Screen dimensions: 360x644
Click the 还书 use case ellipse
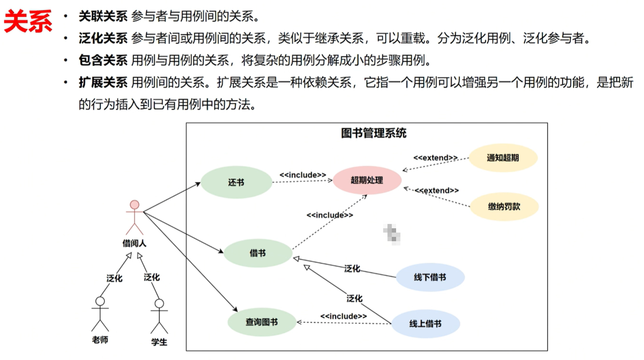(x=236, y=182)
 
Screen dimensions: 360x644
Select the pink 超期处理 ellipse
(x=367, y=180)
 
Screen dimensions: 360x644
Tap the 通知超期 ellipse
(x=503, y=158)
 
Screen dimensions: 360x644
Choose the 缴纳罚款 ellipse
(x=504, y=206)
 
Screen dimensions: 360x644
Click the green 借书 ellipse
(x=258, y=253)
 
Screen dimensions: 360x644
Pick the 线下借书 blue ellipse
(x=430, y=277)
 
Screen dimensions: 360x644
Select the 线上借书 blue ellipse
(x=426, y=324)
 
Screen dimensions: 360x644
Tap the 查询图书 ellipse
(x=262, y=322)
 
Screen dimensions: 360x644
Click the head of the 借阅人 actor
(x=135, y=205)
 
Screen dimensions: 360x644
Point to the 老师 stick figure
(x=100, y=314)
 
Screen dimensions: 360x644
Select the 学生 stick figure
(x=159, y=316)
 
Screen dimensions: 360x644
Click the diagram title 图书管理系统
(x=373, y=133)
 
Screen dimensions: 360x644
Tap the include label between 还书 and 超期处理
(x=303, y=175)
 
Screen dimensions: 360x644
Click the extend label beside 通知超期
(x=435, y=158)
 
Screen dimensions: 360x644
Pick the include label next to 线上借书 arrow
(x=343, y=316)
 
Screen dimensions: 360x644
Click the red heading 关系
(x=28, y=22)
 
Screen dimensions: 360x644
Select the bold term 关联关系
(x=103, y=16)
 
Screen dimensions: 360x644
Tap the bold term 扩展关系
(x=103, y=83)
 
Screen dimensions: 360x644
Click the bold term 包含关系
(x=103, y=60)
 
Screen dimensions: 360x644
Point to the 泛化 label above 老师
(x=114, y=278)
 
